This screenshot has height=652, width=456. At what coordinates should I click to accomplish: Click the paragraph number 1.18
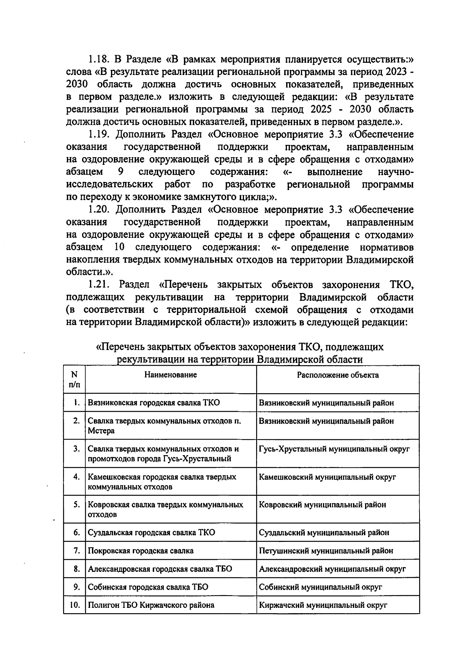coord(99,60)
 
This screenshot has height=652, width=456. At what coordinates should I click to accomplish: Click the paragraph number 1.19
coord(99,135)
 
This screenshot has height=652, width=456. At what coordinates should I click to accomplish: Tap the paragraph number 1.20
coord(99,210)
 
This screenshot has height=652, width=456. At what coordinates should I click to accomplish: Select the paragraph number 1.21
coord(99,285)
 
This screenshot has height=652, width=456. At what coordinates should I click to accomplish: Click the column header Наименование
coord(171,375)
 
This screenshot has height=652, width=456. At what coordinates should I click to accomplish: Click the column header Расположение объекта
coord(338,375)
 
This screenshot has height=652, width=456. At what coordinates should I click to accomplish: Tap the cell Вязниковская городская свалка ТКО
coord(154,403)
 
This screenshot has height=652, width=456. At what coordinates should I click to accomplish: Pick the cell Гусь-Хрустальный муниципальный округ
coord(334,449)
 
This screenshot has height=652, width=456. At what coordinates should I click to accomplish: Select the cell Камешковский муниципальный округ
coord(328,477)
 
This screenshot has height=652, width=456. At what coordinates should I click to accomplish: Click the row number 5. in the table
coord(77,505)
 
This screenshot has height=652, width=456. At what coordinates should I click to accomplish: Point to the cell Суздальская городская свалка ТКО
coord(152,532)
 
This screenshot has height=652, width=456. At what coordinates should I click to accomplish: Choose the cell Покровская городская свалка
coord(141,551)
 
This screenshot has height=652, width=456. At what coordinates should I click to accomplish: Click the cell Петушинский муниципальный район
coord(326,551)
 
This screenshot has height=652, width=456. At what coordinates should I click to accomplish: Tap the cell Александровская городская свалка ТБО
coord(160,569)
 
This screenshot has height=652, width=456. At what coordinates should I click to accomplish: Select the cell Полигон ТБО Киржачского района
coord(151,605)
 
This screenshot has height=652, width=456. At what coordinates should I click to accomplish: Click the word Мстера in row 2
coord(101,431)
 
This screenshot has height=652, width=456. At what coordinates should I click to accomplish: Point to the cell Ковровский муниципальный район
coord(323,505)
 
